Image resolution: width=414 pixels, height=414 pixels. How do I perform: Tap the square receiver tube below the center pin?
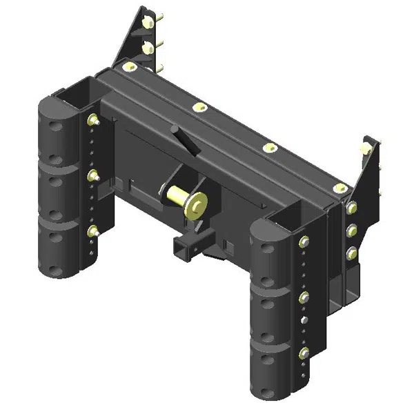(x=184, y=246)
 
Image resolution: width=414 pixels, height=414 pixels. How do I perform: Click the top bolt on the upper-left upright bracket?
(x=148, y=23)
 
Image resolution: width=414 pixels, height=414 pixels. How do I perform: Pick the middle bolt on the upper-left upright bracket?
(x=148, y=47)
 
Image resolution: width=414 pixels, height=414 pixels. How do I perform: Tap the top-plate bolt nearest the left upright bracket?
(x=128, y=67)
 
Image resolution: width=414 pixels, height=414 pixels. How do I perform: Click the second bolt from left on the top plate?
(x=200, y=107)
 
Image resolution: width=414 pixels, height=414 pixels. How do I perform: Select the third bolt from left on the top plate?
(x=270, y=148)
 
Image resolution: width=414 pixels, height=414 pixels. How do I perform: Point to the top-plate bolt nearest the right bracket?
(x=337, y=188)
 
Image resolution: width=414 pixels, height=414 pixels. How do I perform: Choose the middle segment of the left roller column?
(x=59, y=190)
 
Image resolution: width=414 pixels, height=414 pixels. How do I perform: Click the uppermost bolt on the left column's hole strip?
(x=92, y=121)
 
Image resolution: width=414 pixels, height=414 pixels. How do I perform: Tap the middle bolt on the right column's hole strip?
(x=304, y=298)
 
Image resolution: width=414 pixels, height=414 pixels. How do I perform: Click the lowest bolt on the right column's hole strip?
(x=304, y=354)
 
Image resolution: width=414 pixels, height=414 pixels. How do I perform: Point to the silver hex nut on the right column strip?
(x=304, y=321)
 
